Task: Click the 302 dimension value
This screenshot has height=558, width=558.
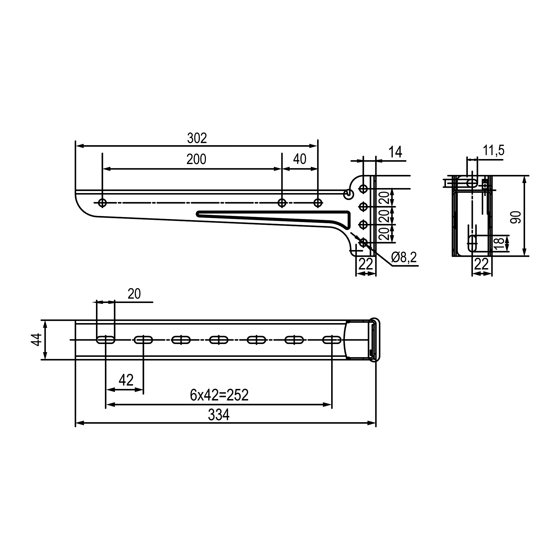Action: [197, 138]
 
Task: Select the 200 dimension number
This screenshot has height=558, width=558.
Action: [196, 159]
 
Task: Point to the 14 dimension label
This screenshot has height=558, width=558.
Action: [395, 152]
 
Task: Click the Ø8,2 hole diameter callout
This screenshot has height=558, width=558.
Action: [404, 257]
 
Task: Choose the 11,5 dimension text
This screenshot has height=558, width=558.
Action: [493, 150]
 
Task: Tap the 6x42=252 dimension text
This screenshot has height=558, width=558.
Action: [219, 395]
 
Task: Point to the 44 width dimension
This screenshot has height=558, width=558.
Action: [37, 340]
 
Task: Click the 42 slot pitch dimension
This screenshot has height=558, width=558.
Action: [126, 380]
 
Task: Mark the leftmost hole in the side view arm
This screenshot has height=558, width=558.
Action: [102, 203]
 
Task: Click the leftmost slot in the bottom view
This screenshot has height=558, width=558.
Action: [106, 340]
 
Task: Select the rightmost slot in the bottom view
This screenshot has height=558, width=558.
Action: [332, 340]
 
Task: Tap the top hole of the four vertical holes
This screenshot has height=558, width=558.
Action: [363, 189]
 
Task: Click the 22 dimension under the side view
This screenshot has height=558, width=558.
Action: [366, 264]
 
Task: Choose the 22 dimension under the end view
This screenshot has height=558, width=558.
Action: [482, 264]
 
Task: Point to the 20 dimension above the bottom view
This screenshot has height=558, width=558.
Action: [134, 294]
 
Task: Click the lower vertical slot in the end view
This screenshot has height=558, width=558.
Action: [473, 243]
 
